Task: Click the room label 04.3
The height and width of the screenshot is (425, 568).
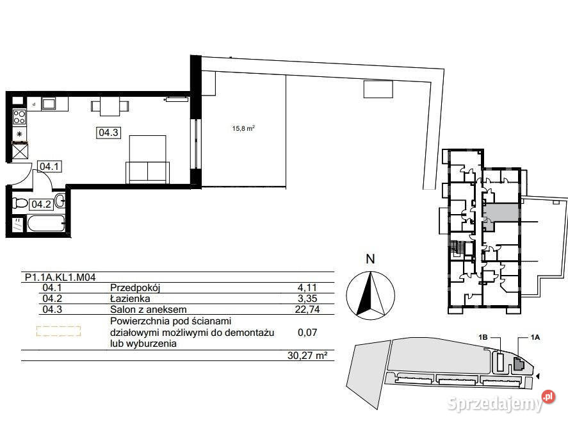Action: (108, 133)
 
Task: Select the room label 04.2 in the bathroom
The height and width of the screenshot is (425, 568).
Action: (42, 204)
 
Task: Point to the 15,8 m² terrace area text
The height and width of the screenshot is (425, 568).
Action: (243, 128)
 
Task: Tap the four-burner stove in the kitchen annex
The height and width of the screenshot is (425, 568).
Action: (19, 117)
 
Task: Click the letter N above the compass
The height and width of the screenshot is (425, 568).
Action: (369, 260)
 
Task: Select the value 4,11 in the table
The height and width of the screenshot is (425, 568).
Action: (308, 288)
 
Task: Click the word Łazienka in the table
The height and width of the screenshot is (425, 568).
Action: (131, 299)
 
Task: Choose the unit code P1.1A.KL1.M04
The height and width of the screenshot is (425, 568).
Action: (60, 278)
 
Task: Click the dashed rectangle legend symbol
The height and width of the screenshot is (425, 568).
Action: (58, 331)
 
